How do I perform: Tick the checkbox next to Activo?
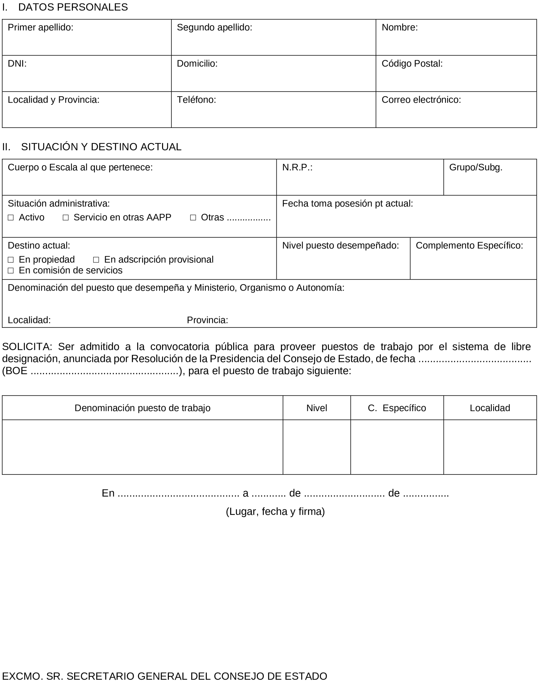(x=11, y=218)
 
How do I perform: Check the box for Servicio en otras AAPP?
(x=66, y=218)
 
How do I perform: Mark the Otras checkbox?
(x=193, y=218)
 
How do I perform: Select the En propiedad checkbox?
(x=11, y=260)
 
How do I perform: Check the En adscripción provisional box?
(x=96, y=260)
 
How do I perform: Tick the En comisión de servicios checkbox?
(x=11, y=271)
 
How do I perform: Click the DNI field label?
(x=17, y=63)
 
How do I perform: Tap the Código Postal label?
(x=412, y=63)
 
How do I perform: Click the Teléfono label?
(x=196, y=100)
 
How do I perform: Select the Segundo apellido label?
(x=215, y=27)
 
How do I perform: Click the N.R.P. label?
(x=297, y=168)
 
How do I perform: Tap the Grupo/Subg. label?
(x=476, y=168)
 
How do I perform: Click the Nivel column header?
(x=317, y=408)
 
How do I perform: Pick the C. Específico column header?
(x=397, y=408)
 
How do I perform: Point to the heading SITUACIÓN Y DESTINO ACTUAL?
(x=101, y=147)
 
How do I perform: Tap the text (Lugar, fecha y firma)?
(x=275, y=512)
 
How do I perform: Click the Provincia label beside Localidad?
(x=208, y=320)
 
